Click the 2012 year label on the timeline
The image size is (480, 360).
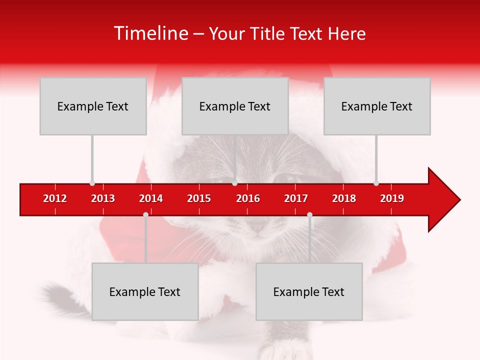coord(55,198)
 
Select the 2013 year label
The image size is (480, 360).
coord(103,198)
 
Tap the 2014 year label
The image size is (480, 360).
coord(151,198)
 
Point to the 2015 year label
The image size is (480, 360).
coord(199,198)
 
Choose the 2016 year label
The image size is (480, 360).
coord(248,198)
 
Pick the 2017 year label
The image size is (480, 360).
coord(296,198)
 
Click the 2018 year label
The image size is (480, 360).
coord(344,198)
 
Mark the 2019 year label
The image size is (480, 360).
coord(392,198)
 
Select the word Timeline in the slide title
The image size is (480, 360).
coord(149,33)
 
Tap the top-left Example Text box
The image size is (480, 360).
coord(93,106)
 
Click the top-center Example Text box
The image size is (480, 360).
coord(235,106)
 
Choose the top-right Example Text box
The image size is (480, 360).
coord(377,106)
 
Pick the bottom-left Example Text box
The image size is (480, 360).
coord(145,291)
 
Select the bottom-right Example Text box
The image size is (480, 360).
coord(309,291)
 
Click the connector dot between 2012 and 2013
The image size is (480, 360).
coord(92,183)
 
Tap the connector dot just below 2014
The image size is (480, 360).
coord(145,214)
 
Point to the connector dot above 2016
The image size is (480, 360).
coord(234,183)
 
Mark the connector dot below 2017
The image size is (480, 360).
coord(309,214)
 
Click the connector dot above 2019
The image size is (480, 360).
coord(376,183)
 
